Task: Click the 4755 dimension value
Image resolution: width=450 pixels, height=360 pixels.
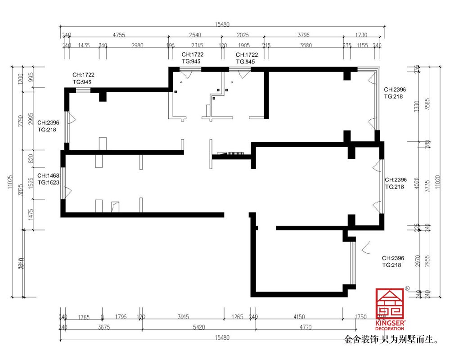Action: coord(119,35)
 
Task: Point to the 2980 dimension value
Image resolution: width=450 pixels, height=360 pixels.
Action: coord(137,45)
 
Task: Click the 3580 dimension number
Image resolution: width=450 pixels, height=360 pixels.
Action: coord(306,45)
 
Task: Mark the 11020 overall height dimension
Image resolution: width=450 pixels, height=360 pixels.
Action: coord(440,182)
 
